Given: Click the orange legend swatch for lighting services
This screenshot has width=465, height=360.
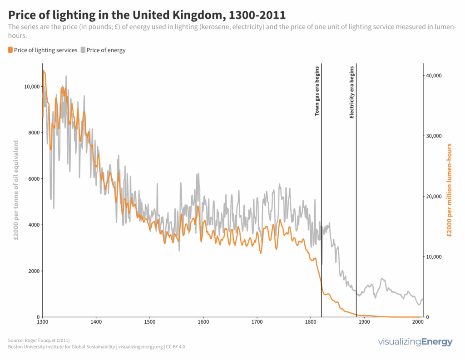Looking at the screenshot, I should pyautogui.click(x=10, y=50).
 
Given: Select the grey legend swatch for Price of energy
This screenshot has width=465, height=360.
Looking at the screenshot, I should pyautogui.click(x=83, y=50).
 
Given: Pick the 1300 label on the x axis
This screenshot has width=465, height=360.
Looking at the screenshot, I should pyautogui.click(x=42, y=322).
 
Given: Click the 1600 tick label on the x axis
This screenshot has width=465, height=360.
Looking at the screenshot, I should pyautogui.click(x=203, y=322).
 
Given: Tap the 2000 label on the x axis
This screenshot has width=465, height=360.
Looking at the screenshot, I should pyautogui.click(x=417, y=322).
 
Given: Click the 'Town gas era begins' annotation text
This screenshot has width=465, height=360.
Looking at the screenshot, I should pyautogui.click(x=317, y=91).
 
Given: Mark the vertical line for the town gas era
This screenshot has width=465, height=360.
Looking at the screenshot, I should pyautogui.click(x=322, y=204).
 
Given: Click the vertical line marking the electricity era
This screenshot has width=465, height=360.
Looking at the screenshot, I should pyautogui.click(x=356, y=204).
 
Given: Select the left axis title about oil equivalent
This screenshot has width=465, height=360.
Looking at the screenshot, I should pyautogui.click(x=17, y=190).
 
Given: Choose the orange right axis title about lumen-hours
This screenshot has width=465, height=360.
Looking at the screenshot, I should pyautogui.click(x=450, y=190).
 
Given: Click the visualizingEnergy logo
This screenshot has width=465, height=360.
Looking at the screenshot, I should pyautogui.click(x=415, y=342).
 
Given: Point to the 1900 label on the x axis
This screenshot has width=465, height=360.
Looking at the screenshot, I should pyautogui.click(x=364, y=322).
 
